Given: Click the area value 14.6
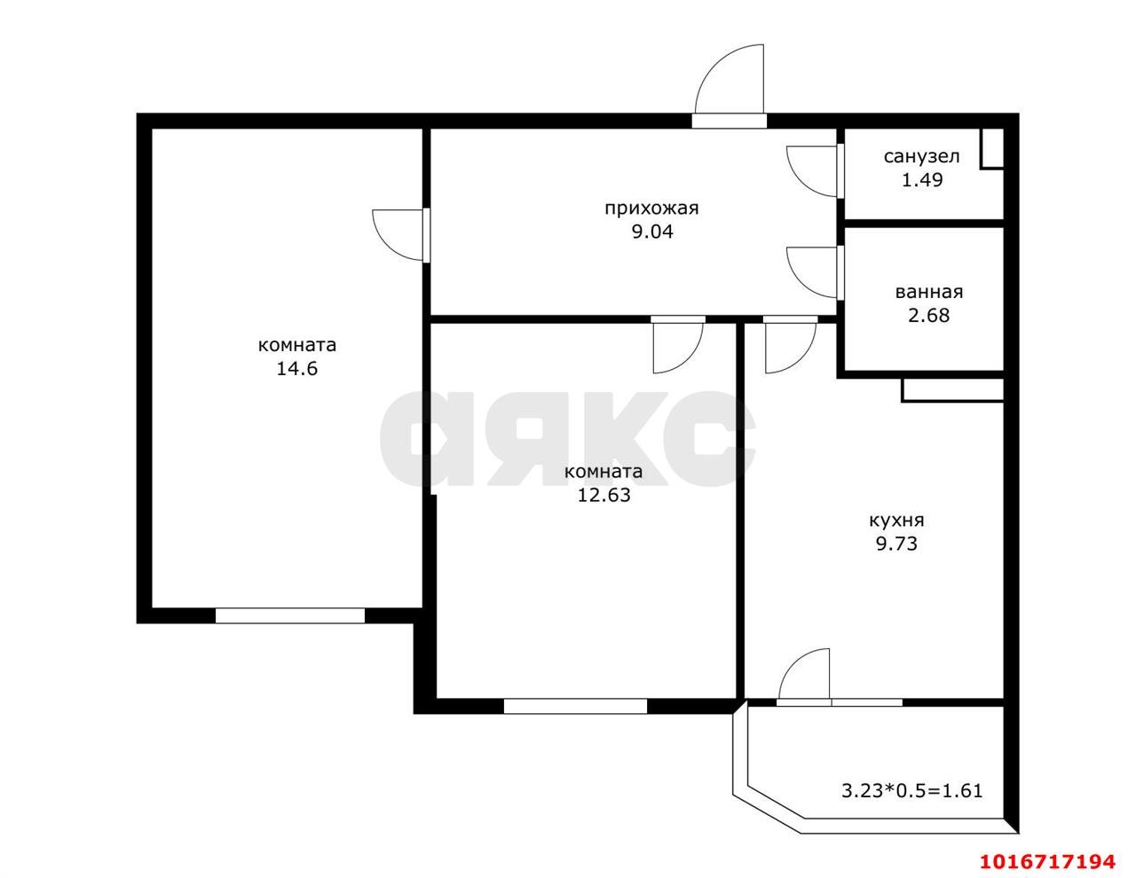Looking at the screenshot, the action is pyautogui.click(x=297, y=369).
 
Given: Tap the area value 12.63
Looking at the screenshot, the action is pyautogui.click(x=603, y=495).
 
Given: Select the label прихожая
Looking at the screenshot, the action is pyautogui.click(x=652, y=208).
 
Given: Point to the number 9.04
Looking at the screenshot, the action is pyautogui.click(x=652, y=231).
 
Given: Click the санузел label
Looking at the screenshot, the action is pyautogui.click(x=921, y=157).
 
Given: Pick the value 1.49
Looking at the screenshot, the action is pyautogui.click(x=922, y=180).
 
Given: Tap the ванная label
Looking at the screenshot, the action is pyautogui.click(x=929, y=292).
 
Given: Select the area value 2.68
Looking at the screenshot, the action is pyautogui.click(x=929, y=316).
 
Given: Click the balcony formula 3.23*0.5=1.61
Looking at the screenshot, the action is pyautogui.click(x=911, y=790).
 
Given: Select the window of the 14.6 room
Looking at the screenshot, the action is pyautogui.click(x=290, y=615).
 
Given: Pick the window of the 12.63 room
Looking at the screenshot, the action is pyautogui.click(x=576, y=706).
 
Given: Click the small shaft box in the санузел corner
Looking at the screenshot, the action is pyautogui.click(x=991, y=148).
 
